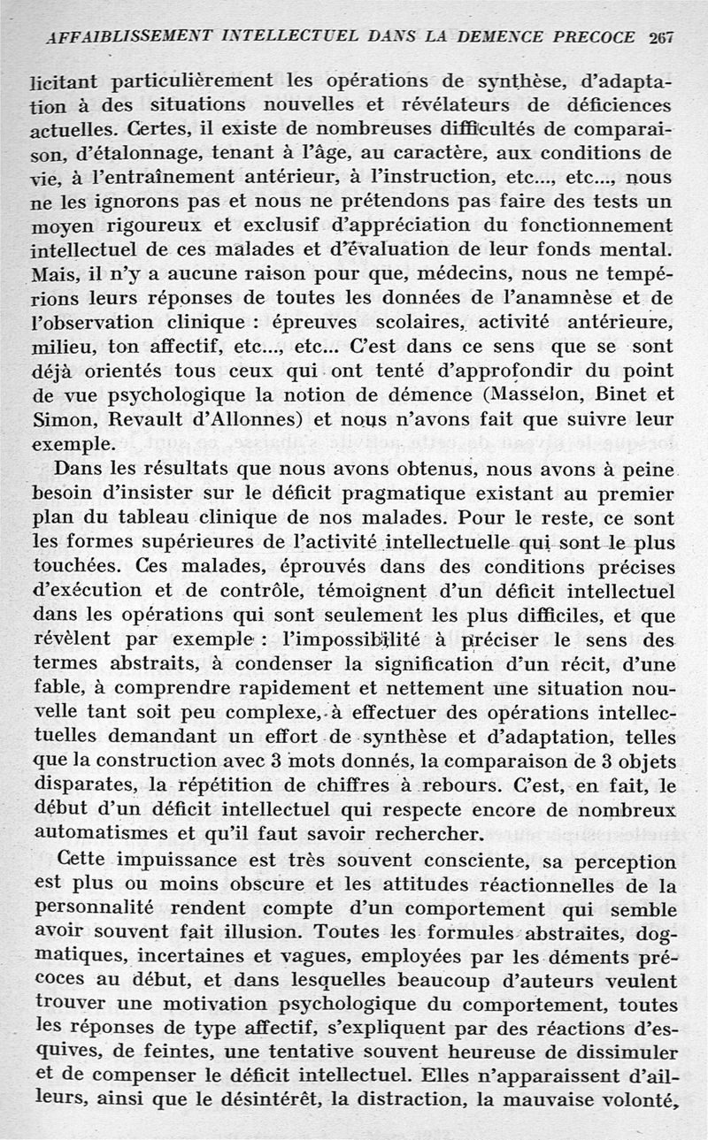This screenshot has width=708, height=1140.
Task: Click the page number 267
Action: (661, 37)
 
